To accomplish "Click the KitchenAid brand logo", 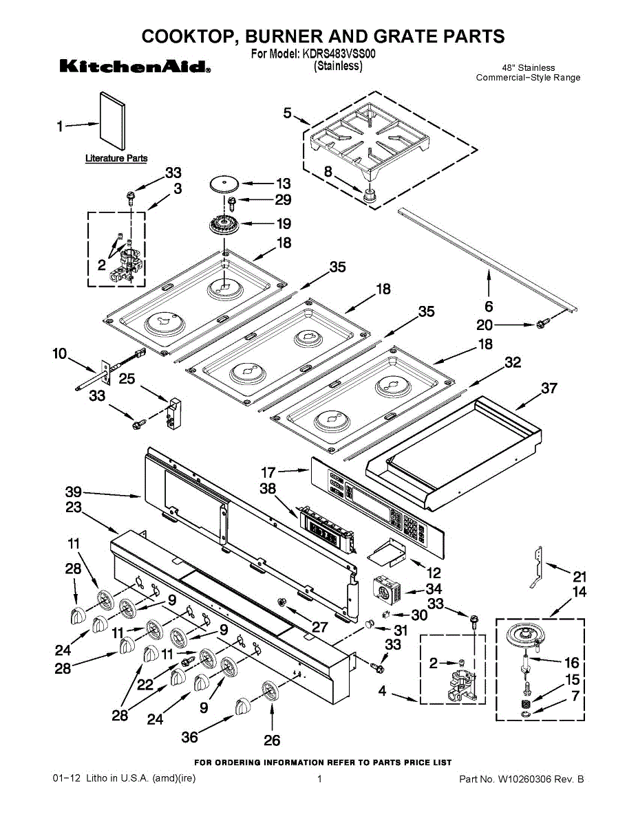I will pos(135,67).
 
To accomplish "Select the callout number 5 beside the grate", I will pos(287,113).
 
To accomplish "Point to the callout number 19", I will pos(283,223).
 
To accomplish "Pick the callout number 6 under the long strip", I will pos(489,306).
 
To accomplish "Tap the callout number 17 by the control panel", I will pos(268,472).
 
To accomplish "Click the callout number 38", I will pos(268,489).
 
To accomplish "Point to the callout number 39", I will pos(73,492).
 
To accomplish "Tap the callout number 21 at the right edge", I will pos(580,576).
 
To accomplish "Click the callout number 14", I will pos(579,591).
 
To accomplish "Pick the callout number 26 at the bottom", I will pos(272,740).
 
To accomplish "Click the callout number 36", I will pos(189,737).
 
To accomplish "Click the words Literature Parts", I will pos(116,158).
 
